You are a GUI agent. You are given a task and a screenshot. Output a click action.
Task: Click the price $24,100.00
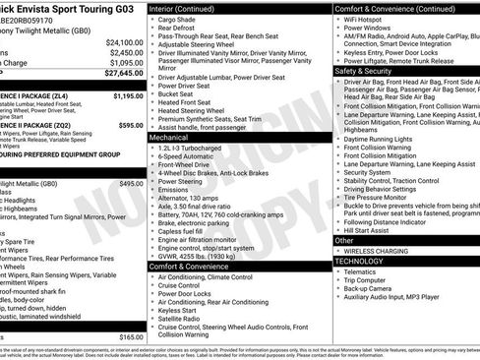click(123, 43)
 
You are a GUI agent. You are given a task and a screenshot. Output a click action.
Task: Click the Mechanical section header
click(169, 139)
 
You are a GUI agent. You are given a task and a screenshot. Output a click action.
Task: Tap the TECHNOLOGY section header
click(360, 261)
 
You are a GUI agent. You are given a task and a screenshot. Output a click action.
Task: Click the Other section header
click(344, 240)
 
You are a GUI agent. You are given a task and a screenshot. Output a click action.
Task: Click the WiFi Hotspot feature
click(370, 18)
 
